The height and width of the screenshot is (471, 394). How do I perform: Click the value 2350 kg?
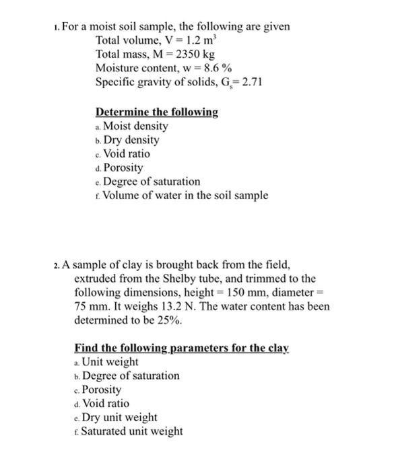click(x=191, y=55)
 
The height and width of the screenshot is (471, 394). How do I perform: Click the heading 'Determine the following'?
click(x=157, y=112)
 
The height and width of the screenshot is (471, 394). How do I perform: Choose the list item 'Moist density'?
click(x=135, y=126)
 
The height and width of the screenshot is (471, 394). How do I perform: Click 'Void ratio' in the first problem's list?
click(x=127, y=154)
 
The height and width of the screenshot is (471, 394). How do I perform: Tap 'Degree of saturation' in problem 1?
click(x=152, y=182)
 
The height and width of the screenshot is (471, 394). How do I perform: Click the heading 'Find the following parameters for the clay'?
click(x=182, y=349)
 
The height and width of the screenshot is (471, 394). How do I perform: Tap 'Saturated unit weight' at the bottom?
click(x=132, y=431)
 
